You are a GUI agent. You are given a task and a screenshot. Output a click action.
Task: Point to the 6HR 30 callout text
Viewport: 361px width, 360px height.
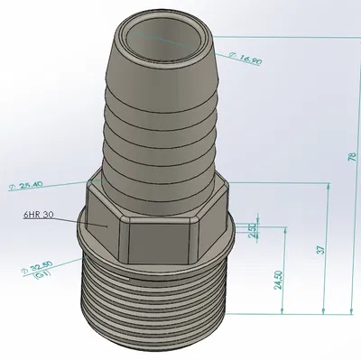point(40,215)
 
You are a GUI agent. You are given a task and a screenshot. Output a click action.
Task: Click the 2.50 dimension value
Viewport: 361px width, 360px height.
point(253,230)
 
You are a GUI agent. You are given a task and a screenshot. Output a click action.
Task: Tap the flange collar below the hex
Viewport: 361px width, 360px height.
point(158,261)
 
